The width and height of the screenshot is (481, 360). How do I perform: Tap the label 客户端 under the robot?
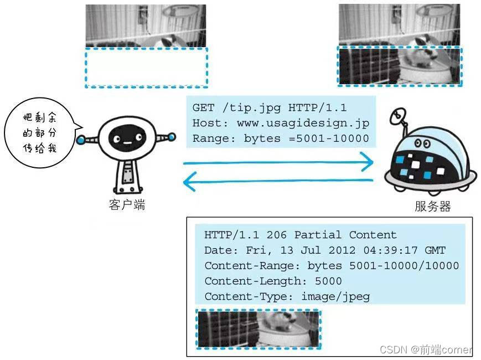[127, 205]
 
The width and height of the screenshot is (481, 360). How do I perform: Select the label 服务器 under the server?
[432, 207]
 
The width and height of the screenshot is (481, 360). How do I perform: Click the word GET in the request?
[203, 108]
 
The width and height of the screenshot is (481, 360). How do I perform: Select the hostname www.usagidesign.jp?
[303, 124]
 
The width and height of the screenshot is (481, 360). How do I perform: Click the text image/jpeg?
[335, 297]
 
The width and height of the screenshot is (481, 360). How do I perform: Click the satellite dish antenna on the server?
[397, 117]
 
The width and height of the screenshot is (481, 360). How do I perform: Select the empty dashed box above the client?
[146, 68]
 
